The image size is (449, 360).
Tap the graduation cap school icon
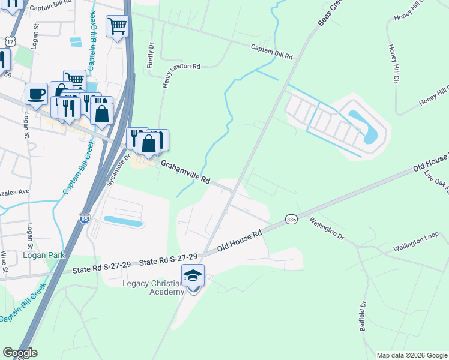pos(193,275)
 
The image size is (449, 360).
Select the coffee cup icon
pos(37,94)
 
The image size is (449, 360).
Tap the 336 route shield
pos(291,220)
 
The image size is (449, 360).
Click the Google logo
pos(20,353)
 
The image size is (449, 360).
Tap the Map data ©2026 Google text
pos(411,355)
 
